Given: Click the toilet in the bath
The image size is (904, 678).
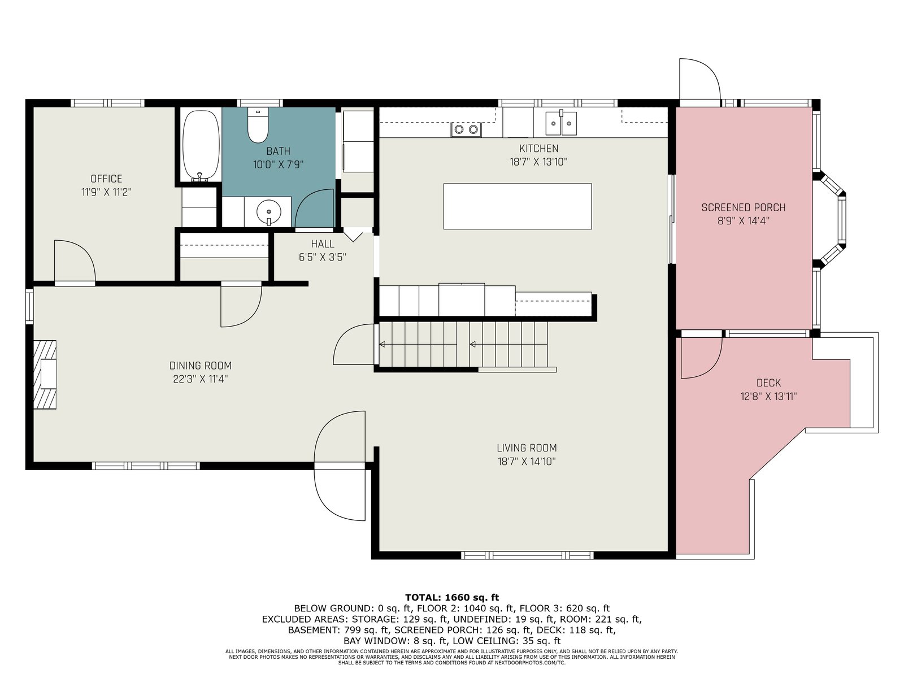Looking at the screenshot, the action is click(x=258, y=125).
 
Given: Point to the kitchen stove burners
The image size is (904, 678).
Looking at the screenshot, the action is click(x=466, y=130).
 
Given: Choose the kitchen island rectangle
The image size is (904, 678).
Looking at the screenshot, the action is click(x=518, y=206).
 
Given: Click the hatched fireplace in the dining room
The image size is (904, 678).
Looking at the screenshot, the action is click(x=45, y=375).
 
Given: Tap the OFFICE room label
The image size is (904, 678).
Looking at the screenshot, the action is click(x=106, y=179).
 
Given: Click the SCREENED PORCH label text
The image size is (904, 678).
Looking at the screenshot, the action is click(x=744, y=207).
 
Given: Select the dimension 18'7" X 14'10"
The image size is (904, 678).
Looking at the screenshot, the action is click(x=527, y=462).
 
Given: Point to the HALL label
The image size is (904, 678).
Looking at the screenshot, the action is click(x=323, y=244).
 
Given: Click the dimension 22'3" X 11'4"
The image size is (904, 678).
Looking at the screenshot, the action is click(x=201, y=379).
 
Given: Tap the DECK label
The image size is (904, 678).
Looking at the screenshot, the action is click(x=768, y=383).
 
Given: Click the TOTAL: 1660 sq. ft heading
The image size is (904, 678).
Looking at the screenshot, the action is click(x=452, y=597).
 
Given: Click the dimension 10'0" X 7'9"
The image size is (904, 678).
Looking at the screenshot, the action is click(x=278, y=164).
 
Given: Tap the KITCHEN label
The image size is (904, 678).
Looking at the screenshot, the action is click(x=538, y=148).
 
